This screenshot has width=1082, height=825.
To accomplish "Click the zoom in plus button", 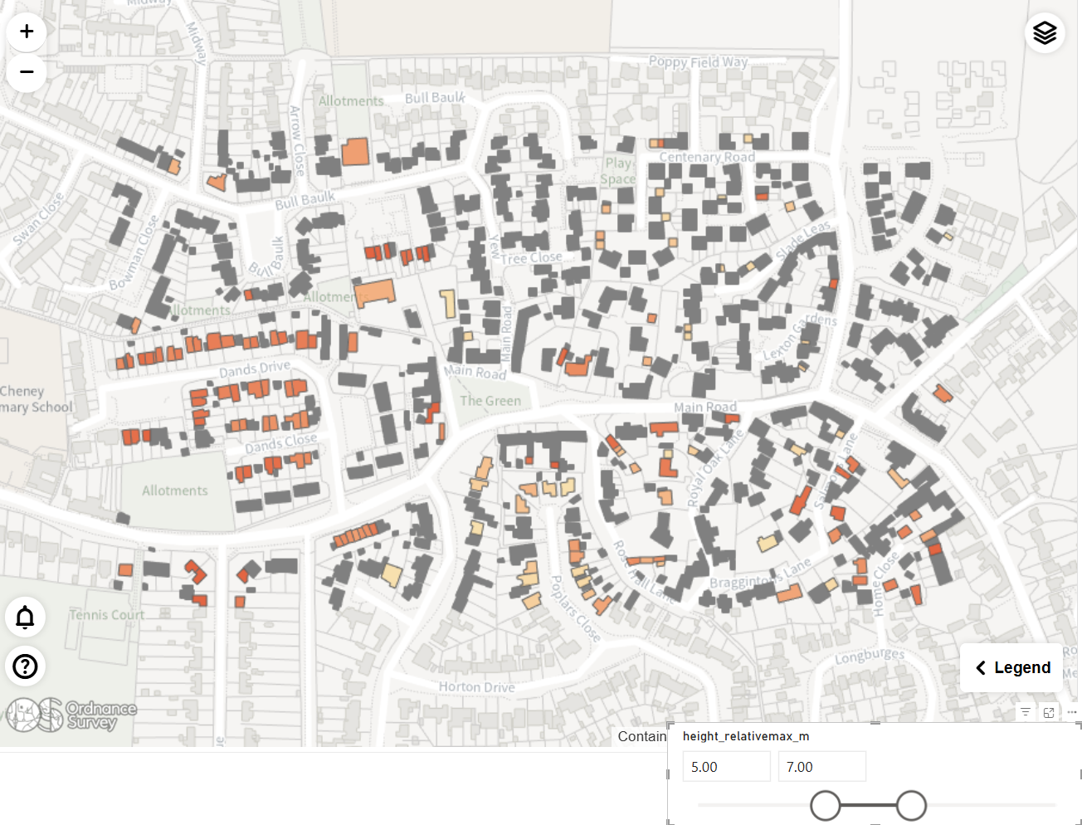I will click(x=27, y=32).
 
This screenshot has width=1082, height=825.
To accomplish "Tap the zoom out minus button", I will click(x=27, y=72).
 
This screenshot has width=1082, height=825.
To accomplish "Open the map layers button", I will click(x=1045, y=33).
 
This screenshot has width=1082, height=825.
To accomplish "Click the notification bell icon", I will click(x=26, y=618).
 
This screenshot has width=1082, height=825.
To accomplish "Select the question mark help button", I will click(x=26, y=666).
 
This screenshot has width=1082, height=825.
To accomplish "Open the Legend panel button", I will click(x=1011, y=668).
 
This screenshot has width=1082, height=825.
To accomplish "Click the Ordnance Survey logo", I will click(x=71, y=715).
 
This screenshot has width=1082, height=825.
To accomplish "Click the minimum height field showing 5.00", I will click(x=726, y=767).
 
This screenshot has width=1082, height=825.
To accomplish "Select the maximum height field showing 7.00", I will click(x=821, y=767).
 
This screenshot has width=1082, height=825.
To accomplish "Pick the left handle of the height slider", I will click(x=826, y=805).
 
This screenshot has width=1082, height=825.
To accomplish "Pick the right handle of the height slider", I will click(x=911, y=805).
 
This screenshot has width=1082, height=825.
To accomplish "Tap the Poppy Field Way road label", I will click(x=698, y=62).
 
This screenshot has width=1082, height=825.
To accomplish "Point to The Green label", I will click(x=490, y=401).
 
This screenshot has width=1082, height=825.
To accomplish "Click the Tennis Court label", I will click(x=107, y=615).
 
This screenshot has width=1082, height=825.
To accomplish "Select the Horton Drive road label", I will click(x=476, y=687).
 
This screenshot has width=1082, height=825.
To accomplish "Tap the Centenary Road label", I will click(x=707, y=157).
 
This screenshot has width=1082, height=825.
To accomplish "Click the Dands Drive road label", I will click(x=255, y=369).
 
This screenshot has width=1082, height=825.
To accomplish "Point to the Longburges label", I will click(x=870, y=657).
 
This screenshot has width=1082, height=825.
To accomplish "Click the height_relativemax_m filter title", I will click(x=745, y=736).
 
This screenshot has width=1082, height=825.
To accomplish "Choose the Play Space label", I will click(x=619, y=171).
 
